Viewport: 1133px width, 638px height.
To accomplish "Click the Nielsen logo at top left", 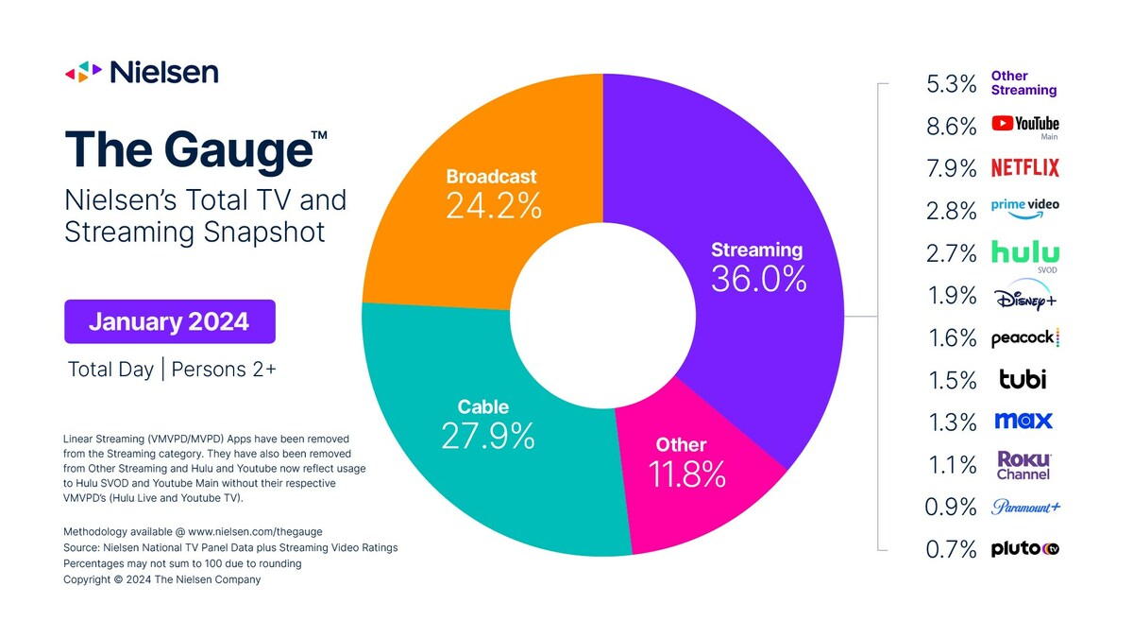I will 142,72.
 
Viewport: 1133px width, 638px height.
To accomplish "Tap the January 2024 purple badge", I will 169,321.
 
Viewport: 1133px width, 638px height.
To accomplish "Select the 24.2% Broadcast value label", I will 493,207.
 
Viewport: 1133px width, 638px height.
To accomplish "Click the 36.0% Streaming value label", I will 758,279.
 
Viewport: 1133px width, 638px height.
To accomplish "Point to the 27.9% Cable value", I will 487,436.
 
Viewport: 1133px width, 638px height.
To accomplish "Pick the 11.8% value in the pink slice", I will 687,474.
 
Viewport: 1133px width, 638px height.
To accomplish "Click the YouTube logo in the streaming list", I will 1024,124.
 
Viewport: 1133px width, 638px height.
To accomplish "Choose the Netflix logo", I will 1024,168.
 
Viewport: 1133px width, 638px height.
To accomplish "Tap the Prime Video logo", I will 1024,209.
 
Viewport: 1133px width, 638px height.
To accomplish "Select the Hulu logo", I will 1024,252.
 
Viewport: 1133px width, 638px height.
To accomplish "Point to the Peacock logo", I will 1024,338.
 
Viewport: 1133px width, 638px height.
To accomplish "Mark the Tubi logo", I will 1023,379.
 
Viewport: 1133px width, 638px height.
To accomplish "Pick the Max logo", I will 1023,421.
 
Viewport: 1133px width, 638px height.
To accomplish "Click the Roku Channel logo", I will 1023,464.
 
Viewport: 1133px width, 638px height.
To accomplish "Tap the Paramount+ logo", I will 1024,507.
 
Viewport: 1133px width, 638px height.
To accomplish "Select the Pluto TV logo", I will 1024,548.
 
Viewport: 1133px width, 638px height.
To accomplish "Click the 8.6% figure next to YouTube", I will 951,126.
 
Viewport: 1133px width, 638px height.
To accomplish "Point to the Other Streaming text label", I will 1023,83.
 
